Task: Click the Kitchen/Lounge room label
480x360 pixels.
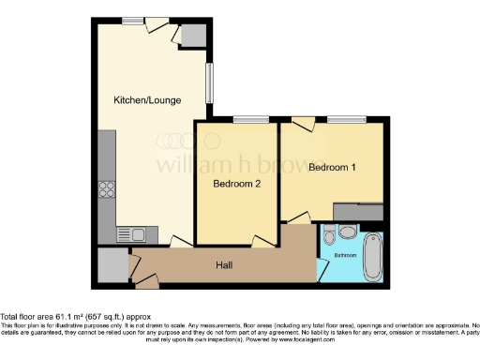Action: click(147, 100)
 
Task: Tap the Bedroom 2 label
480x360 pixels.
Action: click(235, 184)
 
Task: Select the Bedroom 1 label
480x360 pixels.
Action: click(333, 168)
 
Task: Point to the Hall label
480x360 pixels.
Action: click(224, 265)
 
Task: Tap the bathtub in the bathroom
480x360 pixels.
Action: click(371, 252)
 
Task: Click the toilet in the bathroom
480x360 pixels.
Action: click(345, 232)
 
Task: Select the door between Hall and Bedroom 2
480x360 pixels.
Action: click(261, 243)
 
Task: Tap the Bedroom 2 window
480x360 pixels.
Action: click(248, 119)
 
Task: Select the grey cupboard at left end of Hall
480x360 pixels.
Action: click(112, 266)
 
